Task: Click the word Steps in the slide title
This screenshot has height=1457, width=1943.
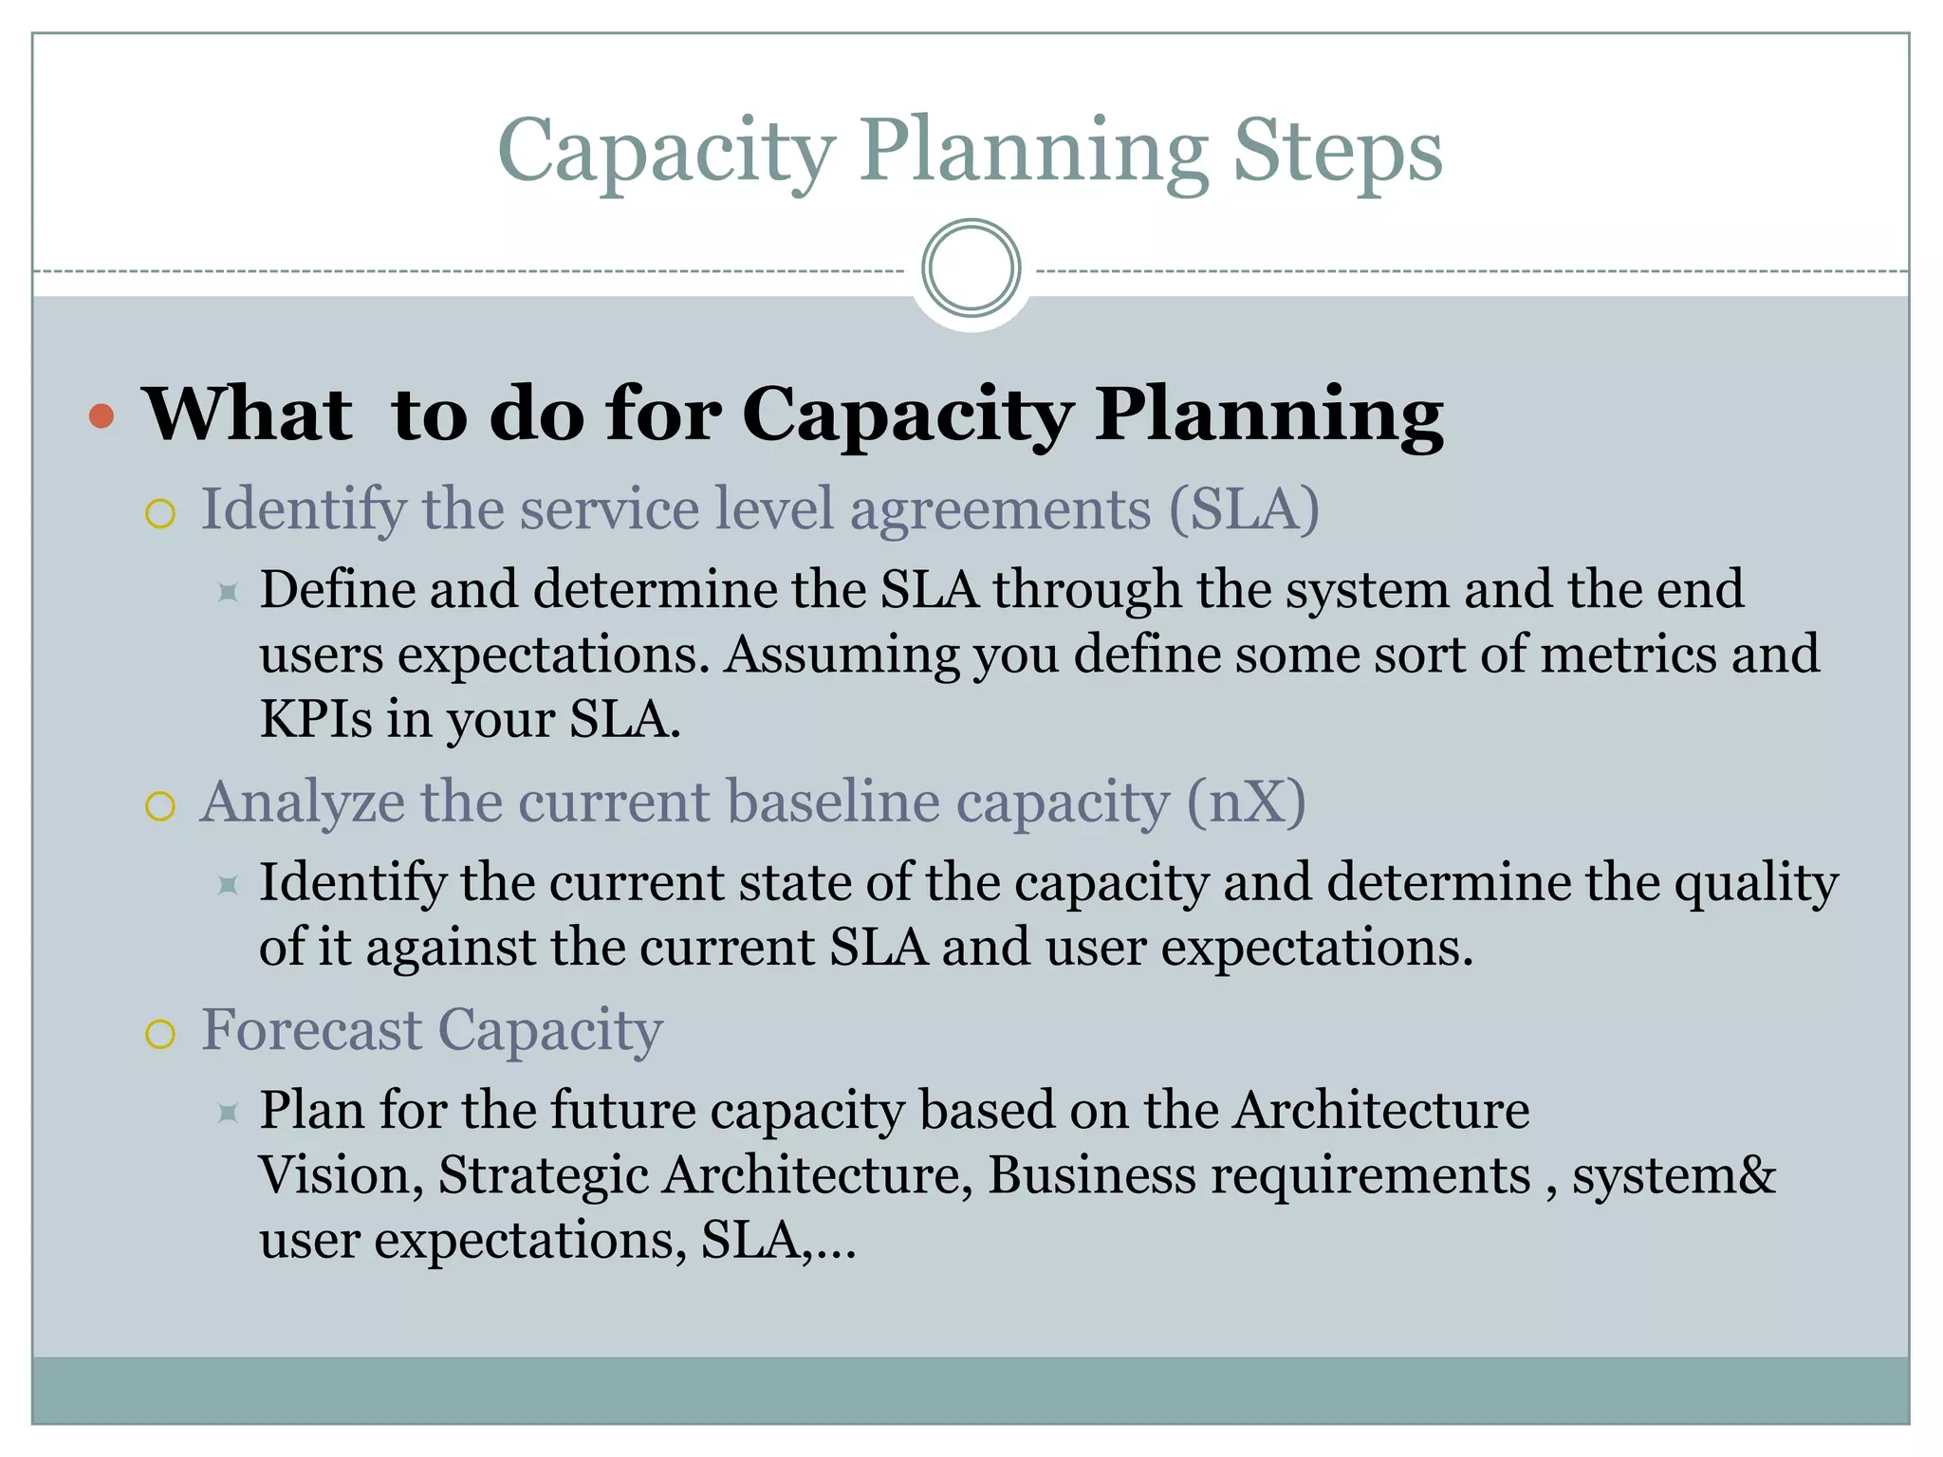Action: (x=1337, y=152)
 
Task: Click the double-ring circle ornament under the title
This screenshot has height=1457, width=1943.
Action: (x=971, y=268)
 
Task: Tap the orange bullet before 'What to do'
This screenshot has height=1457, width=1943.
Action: (x=102, y=416)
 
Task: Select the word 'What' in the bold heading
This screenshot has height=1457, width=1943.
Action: (x=248, y=415)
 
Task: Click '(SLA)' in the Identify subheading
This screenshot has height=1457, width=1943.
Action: (x=1243, y=509)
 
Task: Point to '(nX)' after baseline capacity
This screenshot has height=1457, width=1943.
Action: (x=1246, y=802)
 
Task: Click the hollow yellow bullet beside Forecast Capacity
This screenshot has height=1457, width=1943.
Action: (x=160, y=1034)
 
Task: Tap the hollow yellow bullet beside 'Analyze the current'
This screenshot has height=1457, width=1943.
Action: (x=160, y=806)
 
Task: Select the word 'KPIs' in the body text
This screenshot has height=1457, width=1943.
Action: (x=316, y=719)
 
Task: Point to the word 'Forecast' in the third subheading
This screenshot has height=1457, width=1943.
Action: (x=311, y=1030)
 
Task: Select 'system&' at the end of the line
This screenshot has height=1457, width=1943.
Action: (x=1674, y=1175)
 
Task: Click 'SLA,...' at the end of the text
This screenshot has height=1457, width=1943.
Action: (x=778, y=1241)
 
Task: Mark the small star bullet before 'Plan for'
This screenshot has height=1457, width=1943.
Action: (x=228, y=1112)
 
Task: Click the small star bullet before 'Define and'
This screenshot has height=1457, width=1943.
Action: (x=228, y=593)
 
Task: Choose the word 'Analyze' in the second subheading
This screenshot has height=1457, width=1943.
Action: (x=303, y=802)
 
